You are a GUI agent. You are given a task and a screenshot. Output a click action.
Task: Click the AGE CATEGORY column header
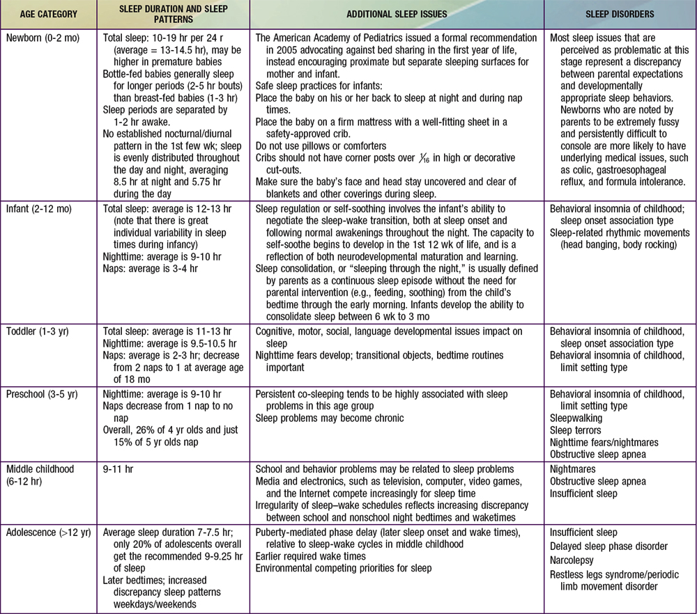tap(47, 14)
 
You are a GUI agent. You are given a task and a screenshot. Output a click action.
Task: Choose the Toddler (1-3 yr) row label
tap(40, 332)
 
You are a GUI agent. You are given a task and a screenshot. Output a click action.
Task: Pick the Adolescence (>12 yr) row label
tap(49, 533)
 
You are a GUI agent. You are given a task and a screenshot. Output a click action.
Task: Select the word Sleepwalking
tap(576, 418)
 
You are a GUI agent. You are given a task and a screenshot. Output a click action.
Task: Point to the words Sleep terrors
tap(575, 430)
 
